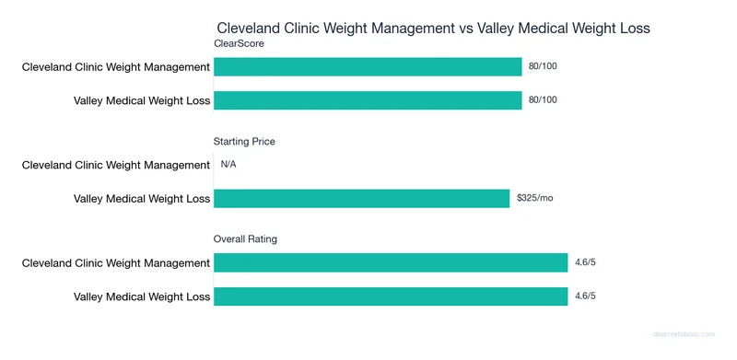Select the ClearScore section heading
tap(239, 43)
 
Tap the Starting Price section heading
tap(244, 142)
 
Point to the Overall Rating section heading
tap(245, 239)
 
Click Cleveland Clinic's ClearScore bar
tap(368, 66)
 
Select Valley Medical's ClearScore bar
tap(368, 99)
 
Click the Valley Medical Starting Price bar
tap(361, 198)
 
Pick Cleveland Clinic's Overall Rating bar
tap(391, 263)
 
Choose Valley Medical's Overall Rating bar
tap(391, 296)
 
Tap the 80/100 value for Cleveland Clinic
tap(544, 66)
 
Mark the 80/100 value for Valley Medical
tap(544, 99)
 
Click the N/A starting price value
tap(229, 165)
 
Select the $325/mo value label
tap(534, 198)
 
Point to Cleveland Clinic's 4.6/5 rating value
tap(585, 263)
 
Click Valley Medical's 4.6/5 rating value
tap(585, 296)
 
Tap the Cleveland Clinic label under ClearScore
tap(116, 66)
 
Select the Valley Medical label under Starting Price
tap(142, 198)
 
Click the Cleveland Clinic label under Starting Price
tap(116, 165)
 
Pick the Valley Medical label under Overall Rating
tap(142, 296)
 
